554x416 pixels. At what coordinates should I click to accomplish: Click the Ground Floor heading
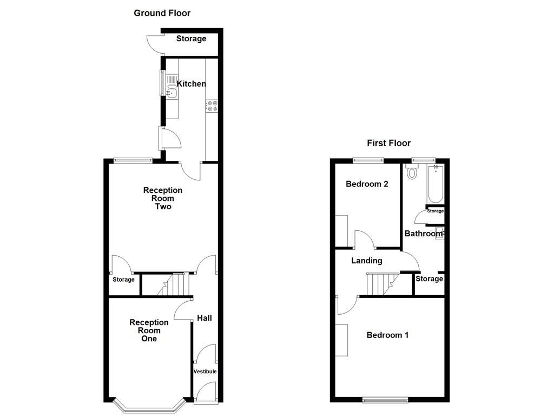tap(162, 13)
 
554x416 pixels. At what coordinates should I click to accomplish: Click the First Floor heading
tap(388, 143)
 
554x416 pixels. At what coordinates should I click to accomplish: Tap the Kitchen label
tap(192, 84)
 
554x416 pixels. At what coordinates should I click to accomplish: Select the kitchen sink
tap(172, 93)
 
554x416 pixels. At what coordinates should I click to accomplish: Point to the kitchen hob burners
tap(212, 106)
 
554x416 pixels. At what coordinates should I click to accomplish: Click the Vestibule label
tap(205, 372)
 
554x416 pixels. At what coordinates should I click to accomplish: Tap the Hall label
tap(205, 318)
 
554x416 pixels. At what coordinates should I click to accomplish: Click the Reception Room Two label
tap(163, 198)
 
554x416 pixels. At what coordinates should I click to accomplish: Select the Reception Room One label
tap(149, 330)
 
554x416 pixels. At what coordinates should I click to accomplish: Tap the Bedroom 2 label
tap(367, 184)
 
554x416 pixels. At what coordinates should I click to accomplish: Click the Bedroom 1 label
tap(387, 335)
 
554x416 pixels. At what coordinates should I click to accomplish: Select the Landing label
tap(367, 261)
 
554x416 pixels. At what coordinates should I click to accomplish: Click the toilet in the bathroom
tap(412, 173)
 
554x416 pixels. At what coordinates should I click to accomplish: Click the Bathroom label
tap(424, 233)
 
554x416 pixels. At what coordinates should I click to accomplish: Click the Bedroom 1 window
tap(386, 400)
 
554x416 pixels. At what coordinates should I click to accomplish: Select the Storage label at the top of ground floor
tap(192, 39)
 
